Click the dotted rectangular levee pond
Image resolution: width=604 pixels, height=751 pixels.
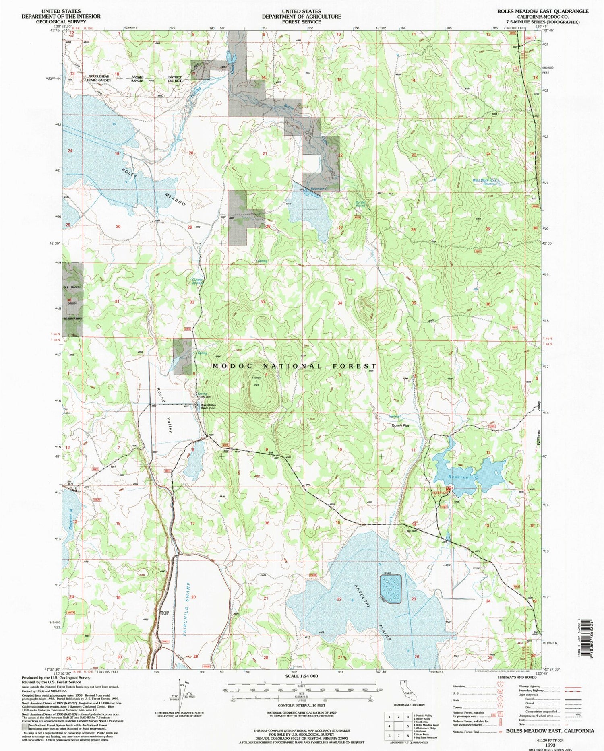[391, 589]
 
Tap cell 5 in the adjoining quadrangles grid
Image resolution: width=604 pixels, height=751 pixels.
[410, 727]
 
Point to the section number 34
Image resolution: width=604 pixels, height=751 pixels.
[340, 303]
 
